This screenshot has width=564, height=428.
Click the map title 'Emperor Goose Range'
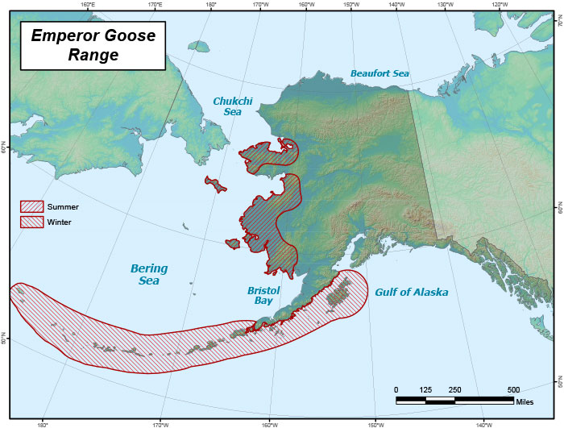93,45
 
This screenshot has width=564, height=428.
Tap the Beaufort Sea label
379,73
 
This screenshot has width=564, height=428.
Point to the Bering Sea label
148,274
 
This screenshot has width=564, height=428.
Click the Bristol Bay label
263,294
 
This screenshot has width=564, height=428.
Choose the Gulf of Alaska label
411,292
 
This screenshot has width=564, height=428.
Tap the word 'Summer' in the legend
63,207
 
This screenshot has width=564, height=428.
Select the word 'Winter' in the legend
60,222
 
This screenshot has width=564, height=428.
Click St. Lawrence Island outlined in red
214,185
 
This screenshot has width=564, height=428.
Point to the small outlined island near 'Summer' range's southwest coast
233,243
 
